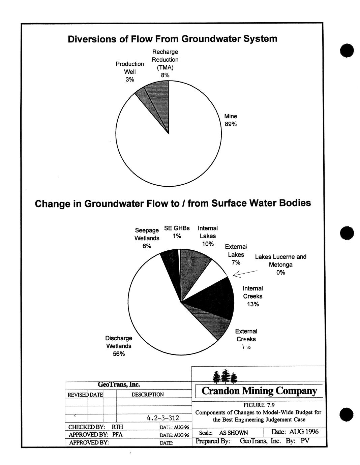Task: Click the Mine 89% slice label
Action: [x=231, y=120]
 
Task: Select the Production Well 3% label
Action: [x=130, y=71]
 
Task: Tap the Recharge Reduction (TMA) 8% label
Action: [x=165, y=64]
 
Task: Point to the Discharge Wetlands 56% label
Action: [x=119, y=346]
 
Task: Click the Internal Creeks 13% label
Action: [x=252, y=296]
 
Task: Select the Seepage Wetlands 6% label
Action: [x=147, y=238]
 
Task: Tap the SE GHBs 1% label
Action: [x=177, y=232]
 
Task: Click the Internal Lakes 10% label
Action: [x=208, y=236]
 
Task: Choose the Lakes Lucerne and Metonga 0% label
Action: [x=280, y=265]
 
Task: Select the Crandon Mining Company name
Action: [x=259, y=391]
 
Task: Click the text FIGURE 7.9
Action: [x=259, y=405]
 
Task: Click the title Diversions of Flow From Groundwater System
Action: [x=173, y=39]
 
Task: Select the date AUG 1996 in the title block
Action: [x=295, y=432]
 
